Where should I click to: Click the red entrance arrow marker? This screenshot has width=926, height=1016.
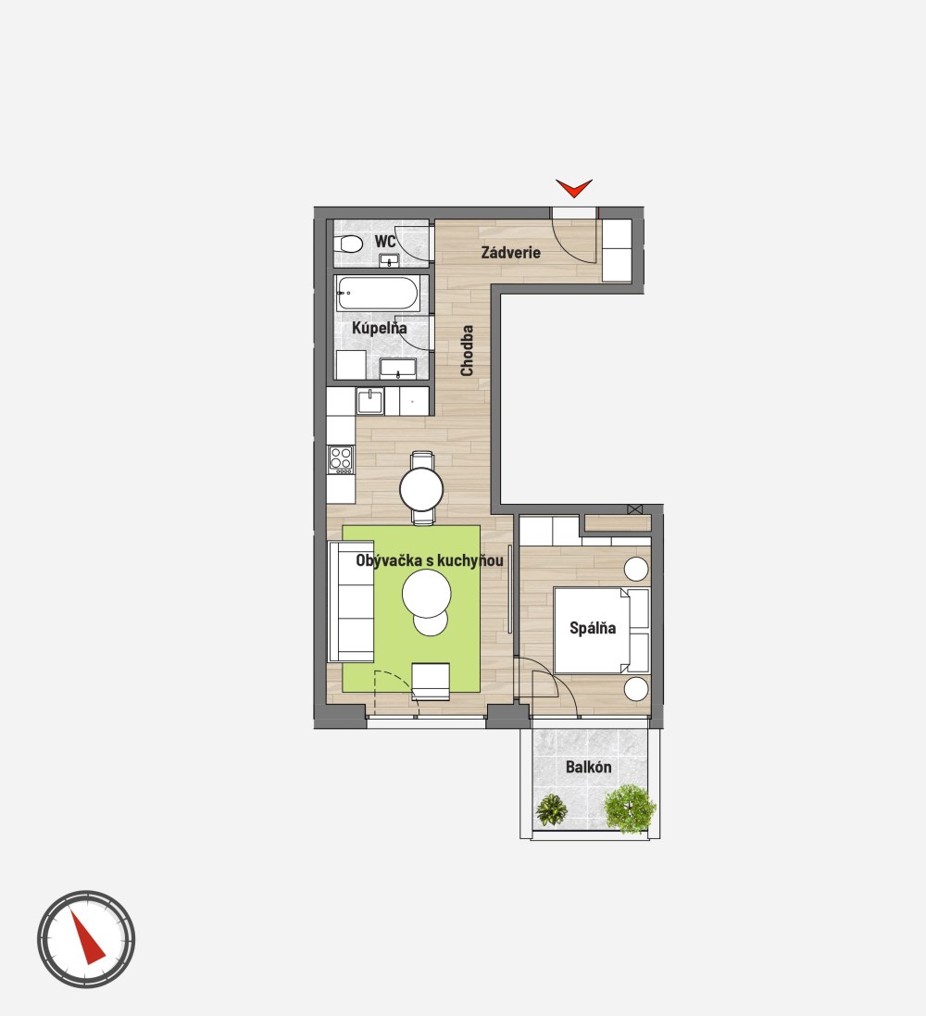point(574,188)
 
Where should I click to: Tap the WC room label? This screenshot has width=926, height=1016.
point(385,242)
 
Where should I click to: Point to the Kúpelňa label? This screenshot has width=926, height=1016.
point(379,328)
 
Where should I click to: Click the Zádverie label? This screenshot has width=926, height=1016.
point(510,253)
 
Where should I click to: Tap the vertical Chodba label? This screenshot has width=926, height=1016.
point(467,350)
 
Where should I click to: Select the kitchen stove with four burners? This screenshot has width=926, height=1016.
point(341,459)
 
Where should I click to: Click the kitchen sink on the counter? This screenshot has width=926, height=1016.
point(370,402)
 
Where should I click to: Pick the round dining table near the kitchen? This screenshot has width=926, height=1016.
point(422,489)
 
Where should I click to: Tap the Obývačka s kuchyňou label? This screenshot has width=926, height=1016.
point(430,560)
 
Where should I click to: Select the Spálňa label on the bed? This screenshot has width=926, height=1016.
point(593,628)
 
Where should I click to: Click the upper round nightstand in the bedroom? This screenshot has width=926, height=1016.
point(635,569)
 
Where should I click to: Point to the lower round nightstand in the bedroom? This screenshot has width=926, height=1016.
point(636,689)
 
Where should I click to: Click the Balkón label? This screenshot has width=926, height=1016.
point(588,767)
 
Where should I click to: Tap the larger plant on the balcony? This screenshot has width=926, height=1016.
point(630,808)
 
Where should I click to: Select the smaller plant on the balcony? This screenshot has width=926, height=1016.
point(552,810)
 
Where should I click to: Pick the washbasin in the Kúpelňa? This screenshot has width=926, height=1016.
point(398,369)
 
